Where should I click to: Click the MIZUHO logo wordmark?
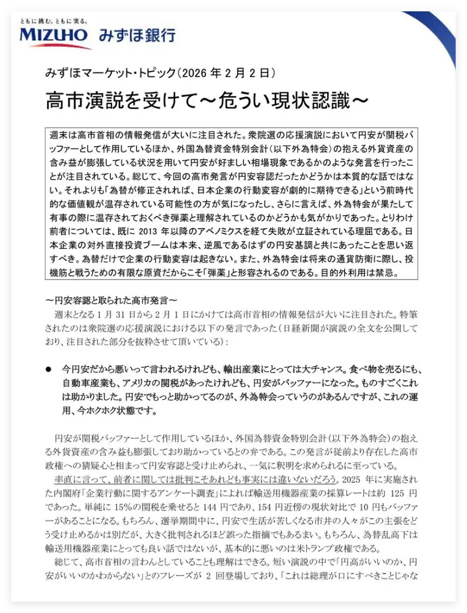tap(54, 36)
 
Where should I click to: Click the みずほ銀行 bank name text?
tap(136, 36)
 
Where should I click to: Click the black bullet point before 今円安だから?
tap(49, 368)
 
